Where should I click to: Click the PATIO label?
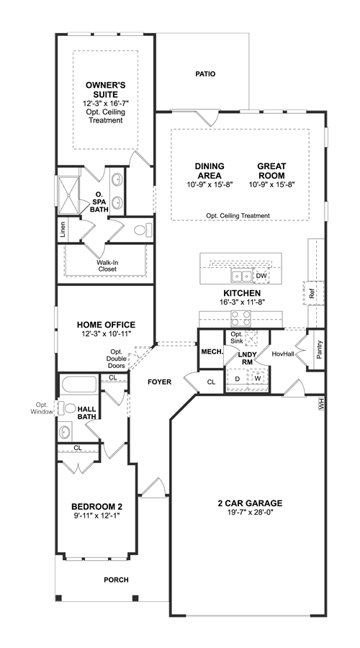[205, 74]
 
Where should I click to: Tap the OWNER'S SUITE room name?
[105, 90]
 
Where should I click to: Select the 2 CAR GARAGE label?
[251, 503]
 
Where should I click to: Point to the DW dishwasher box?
[261, 276]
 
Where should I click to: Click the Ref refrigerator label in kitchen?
[311, 294]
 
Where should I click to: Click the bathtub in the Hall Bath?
[79, 384]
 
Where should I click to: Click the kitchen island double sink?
[241, 275]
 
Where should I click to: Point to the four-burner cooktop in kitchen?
[240, 318]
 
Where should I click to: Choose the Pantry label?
[319, 349]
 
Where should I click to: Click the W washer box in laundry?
[258, 378]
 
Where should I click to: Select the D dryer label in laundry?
[238, 379]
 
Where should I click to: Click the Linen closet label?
[63, 230]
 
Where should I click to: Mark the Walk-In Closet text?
[107, 266]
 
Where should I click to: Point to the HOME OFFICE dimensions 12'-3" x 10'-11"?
[107, 334]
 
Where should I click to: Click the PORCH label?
[116, 580]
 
